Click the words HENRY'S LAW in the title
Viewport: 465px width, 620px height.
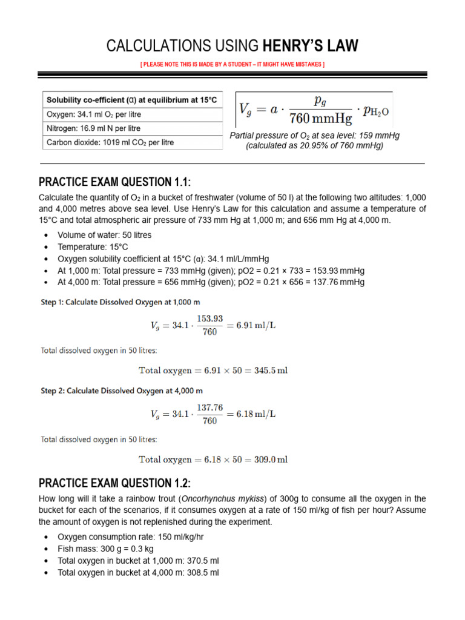[x=310, y=45]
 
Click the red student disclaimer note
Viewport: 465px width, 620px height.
[x=232, y=64]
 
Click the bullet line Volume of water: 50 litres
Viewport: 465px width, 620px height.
[x=104, y=235]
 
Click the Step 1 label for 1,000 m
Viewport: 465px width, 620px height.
[x=121, y=301]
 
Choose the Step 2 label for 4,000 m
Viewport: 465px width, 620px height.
[x=121, y=391]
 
